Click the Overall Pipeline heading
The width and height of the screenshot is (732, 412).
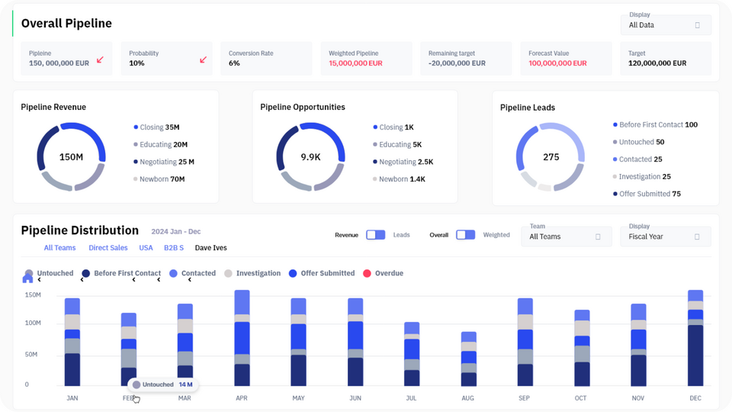pyautogui.click(x=66, y=24)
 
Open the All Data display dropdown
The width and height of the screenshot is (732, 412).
pyautogui.click(x=666, y=24)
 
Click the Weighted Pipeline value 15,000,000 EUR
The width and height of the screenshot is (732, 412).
pyautogui.click(x=355, y=63)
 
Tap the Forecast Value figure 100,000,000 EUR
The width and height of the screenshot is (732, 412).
pyautogui.click(x=557, y=63)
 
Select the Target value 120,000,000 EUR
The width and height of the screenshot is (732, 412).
pyautogui.click(x=657, y=63)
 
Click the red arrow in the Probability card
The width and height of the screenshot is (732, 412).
pyautogui.click(x=203, y=60)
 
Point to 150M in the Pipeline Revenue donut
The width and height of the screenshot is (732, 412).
pyautogui.click(x=71, y=157)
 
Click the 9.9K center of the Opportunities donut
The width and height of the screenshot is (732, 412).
pyautogui.click(x=310, y=157)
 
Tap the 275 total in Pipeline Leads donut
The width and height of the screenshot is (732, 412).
pyautogui.click(x=551, y=157)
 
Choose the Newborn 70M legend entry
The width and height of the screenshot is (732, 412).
pyautogui.click(x=159, y=179)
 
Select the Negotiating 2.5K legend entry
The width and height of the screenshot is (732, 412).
pyautogui.click(x=403, y=162)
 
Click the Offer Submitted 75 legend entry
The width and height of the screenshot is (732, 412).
pyautogui.click(x=647, y=194)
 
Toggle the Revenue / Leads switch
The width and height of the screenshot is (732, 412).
pyautogui.click(x=375, y=234)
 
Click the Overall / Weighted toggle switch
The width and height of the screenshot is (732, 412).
pyautogui.click(x=465, y=234)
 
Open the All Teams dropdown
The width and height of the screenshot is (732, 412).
pyautogui.click(x=567, y=237)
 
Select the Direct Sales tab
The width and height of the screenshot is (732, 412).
pyautogui.click(x=108, y=247)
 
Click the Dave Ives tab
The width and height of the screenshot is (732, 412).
pyautogui.click(x=211, y=247)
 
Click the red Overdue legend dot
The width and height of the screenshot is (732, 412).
pyautogui.click(x=367, y=273)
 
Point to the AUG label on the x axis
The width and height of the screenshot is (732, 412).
pyautogui.click(x=467, y=398)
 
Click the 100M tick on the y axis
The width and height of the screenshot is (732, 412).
pyautogui.click(x=33, y=323)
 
